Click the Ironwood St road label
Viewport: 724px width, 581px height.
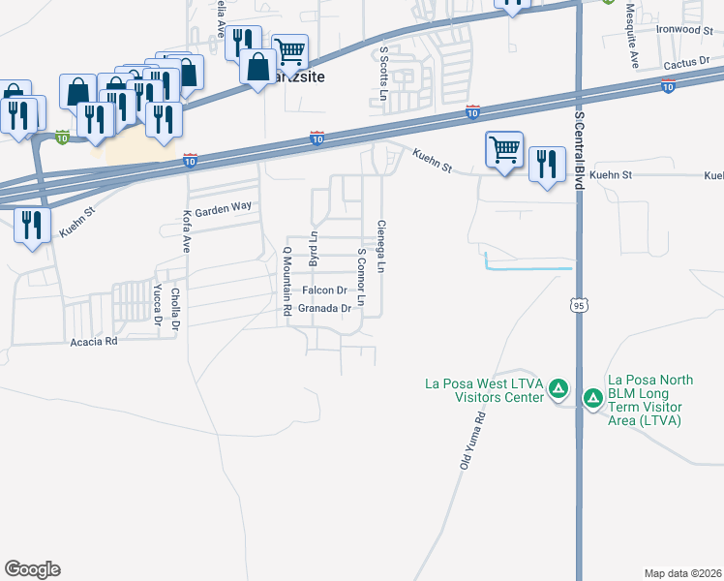tap(685, 30)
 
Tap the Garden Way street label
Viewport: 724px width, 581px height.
tap(224, 209)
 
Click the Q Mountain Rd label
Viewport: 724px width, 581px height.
tap(287, 282)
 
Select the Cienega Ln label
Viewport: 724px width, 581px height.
tap(381, 243)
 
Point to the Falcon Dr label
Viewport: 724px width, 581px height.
tap(324, 290)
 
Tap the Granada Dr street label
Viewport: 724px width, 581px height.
tap(323, 309)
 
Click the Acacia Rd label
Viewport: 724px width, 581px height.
tap(94, 342)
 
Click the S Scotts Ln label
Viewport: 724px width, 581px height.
tap(383, 74)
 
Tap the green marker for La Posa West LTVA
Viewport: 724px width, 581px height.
tap(558, 389)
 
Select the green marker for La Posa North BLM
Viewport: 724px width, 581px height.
tap(591, 398)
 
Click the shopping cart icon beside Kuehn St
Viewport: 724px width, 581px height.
tap(503, 150)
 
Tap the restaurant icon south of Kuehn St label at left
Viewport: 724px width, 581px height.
tap(33, 226)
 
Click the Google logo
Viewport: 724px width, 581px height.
tap(32, 569)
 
